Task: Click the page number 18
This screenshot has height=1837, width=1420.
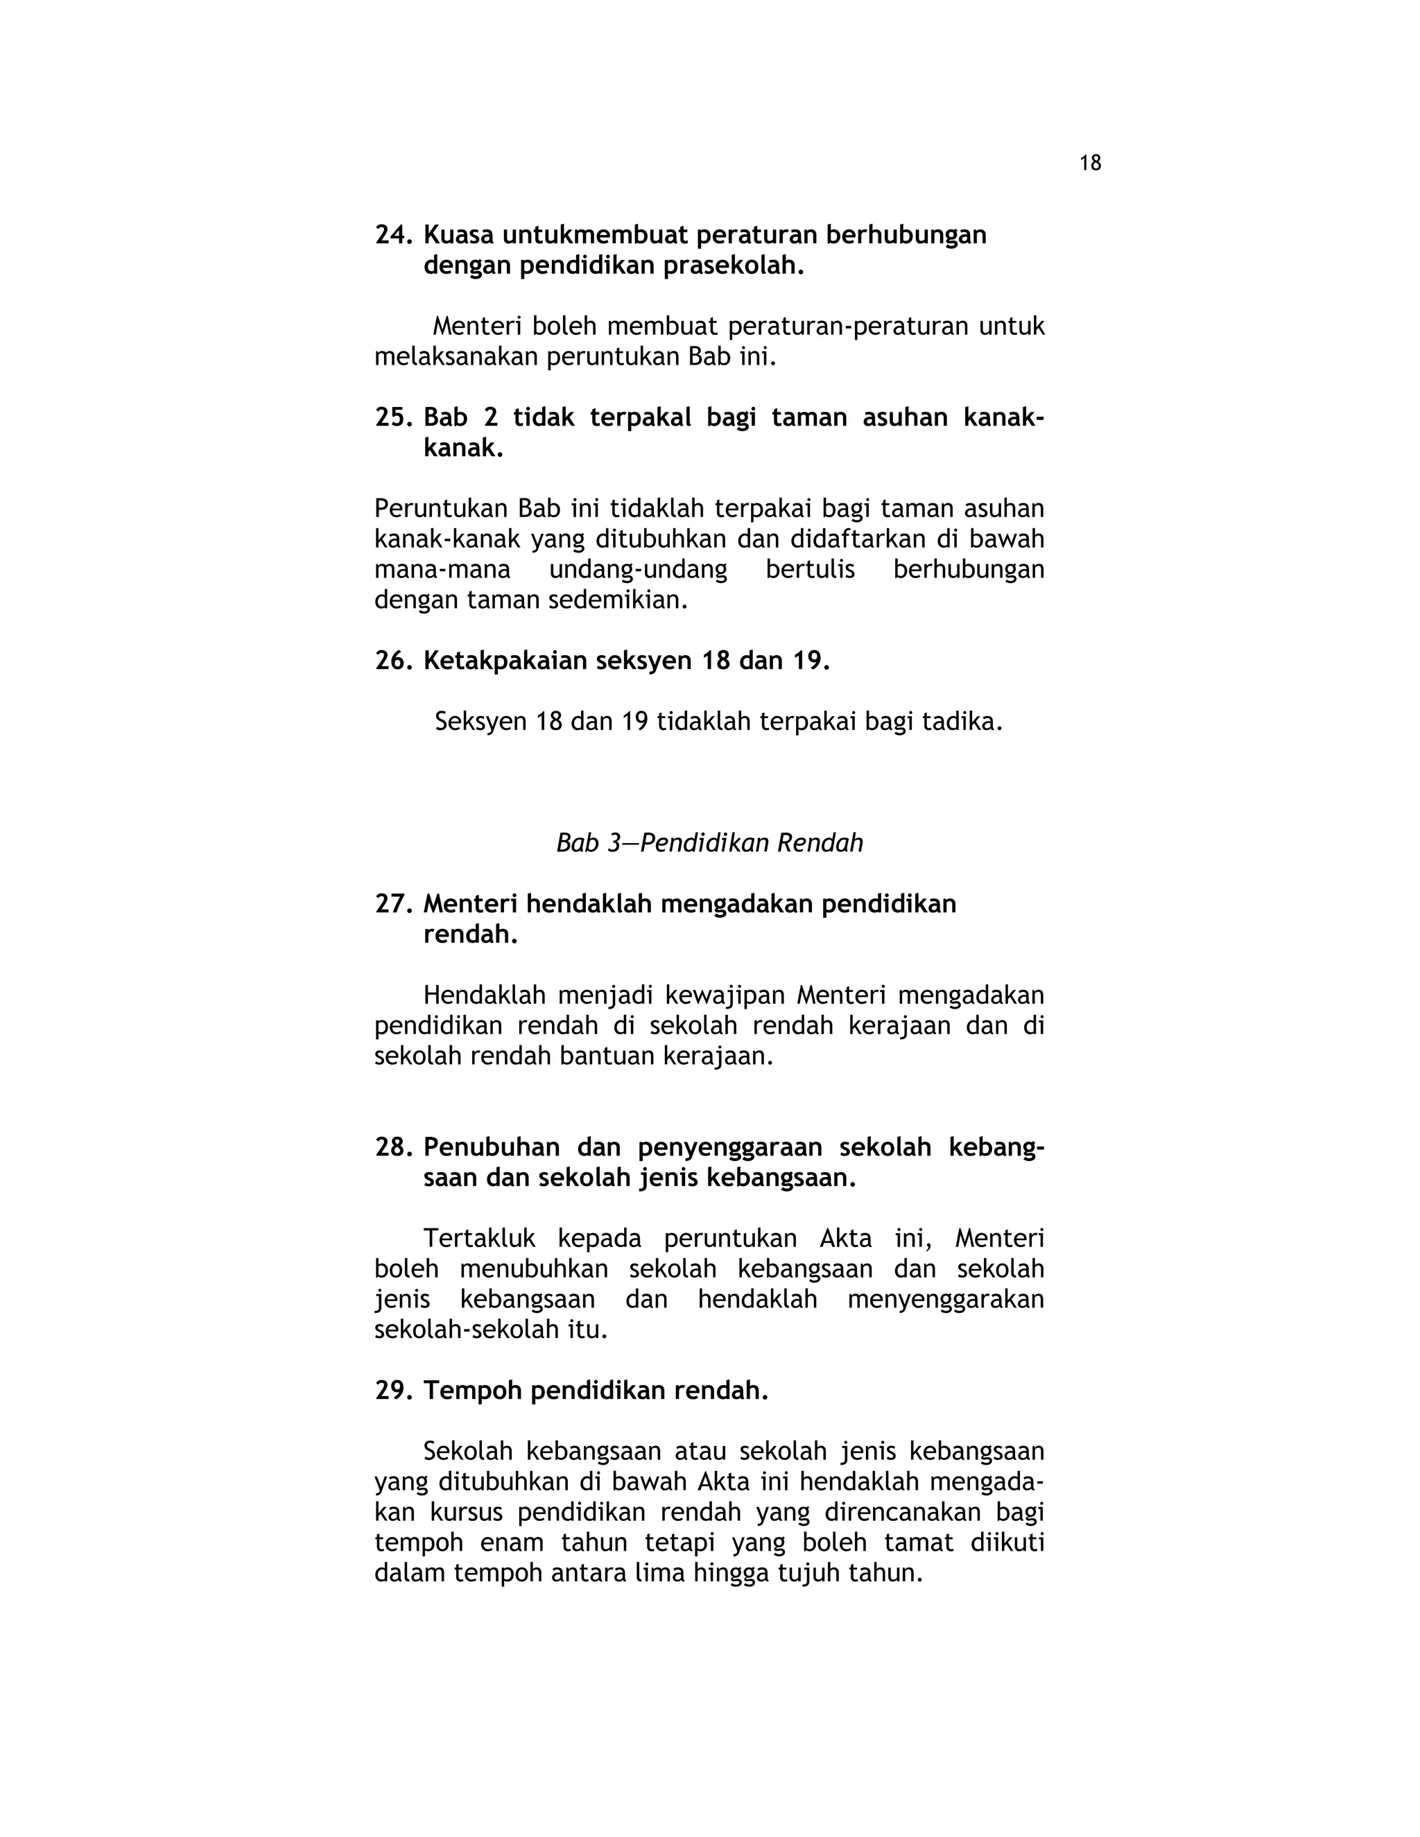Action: [1089, 163]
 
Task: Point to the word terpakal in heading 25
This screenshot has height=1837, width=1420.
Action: [640, 417]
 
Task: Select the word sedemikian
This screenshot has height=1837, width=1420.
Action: [618, 600]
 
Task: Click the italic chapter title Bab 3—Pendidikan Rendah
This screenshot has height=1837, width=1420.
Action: [709, 843]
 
